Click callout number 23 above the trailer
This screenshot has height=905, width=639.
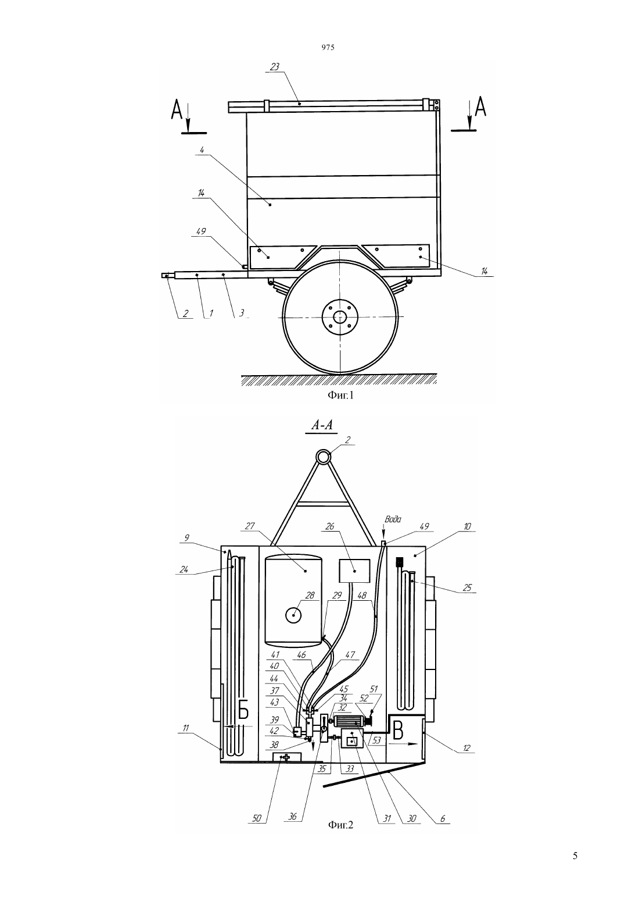pyautogui.click(x=274, y=67)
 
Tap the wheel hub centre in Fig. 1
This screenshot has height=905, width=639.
pyautogui.click(x=340, y=318)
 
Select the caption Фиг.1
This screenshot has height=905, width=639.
pyautogui.click(x=340, y=395)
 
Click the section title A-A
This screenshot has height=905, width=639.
pyautogui.click(x=321, y=425)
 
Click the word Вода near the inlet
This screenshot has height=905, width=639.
pyautogui.click(x=393, y=519)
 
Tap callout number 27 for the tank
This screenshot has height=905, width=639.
pyautogui.click(x=250, y=526)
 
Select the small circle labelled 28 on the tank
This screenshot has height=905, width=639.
pyautogui.click(x=294, y=615)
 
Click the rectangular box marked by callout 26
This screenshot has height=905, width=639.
pyautogui.click(x=354, y=571)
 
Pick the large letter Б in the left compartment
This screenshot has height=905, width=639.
pyautogui.click(x=243, y=709)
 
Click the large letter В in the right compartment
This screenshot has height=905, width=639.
pyautogui.click(x=398, y=730)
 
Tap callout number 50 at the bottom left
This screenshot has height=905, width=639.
pyautogui.click(x=257, y=818)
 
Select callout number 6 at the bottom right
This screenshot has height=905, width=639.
pyautogui.click(x=443, y=818)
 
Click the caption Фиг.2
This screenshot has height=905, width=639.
pyautogui.click(x=340, y=825)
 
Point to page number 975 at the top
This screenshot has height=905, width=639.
pyautogui.click(x=328, y=47)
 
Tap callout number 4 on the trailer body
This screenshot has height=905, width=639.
pyautogui.click(x=202, y=150)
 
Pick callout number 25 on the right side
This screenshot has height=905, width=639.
pyautogui.click(x=466, y=587)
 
